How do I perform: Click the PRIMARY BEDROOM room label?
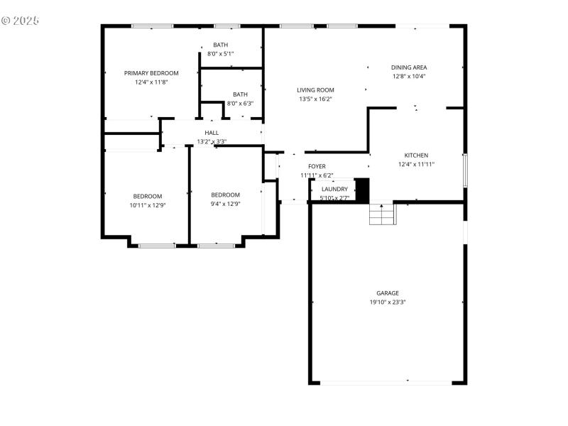tap(151, 73)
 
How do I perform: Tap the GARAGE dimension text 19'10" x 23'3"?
tap(388, 302)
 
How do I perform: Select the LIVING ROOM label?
tap(315, 90)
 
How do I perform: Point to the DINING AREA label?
tap(409, 67)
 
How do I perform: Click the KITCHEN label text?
tap(416, 155)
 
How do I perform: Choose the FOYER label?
tap(317, 166)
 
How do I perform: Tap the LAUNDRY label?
tap(334, 189)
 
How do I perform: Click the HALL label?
tap(212, 133)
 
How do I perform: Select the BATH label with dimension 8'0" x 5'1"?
tap(221, 45)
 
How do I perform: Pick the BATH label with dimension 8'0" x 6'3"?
tap(241, 94)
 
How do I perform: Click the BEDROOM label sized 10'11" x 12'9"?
tap(147, 196)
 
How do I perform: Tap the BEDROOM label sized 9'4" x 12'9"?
tap(225, 195)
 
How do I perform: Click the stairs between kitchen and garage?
tap(382, 214)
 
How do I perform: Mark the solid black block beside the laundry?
tap(362, 190)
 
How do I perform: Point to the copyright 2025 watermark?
tap(20, 20)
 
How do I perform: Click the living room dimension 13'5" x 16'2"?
tap(315, 99)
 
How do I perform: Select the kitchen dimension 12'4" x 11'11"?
tap(416, 164)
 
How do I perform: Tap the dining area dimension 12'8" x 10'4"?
tap(409, 76)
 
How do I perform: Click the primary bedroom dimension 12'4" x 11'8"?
tap(151, 82)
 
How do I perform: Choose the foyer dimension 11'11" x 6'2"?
tap(317, 175)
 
